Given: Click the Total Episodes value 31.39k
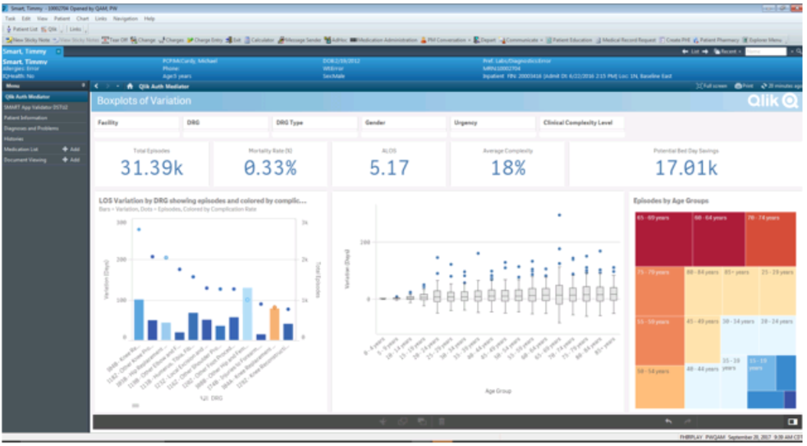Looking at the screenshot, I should [153, 168].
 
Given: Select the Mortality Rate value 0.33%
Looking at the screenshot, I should [270, 168].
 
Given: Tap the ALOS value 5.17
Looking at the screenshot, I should [389, 168].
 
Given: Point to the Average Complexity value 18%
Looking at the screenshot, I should [508, 168].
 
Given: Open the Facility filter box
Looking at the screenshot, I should [136, 122].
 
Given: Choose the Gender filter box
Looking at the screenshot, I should [405, 122].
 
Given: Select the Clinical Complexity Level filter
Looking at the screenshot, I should [582, 122].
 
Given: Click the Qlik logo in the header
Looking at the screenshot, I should [772, 100].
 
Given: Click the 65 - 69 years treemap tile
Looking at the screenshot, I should [661, 238].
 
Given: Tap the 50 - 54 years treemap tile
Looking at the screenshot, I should [661, 386].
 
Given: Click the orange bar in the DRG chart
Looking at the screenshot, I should [274, 323].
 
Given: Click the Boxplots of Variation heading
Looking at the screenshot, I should [144, 101].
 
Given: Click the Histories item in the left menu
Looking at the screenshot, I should [14, 139].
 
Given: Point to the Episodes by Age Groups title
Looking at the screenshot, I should [672, 200].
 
